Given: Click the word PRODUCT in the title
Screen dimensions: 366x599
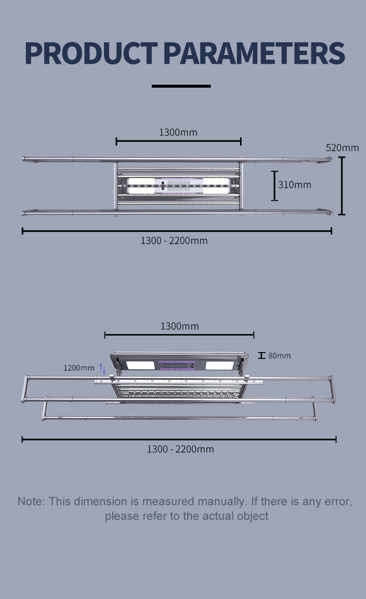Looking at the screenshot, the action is click(x=91, y=53).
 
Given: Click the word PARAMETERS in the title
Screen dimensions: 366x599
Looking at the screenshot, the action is click(x=254, y=53).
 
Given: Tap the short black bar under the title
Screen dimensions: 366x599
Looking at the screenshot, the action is click(x=181, y=86).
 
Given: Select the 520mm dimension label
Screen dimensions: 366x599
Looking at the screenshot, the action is click(x=342, y=148).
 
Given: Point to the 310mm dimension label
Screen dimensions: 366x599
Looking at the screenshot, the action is click(x=294, y=185).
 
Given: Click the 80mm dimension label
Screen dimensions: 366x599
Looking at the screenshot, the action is click(x=280, y=356).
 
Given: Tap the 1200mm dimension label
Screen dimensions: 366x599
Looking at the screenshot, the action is click(x=79, y=368).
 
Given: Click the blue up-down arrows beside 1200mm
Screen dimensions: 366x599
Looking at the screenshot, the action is click(x=102, y=369).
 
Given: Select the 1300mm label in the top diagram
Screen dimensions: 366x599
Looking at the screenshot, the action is click(x=178, y=132).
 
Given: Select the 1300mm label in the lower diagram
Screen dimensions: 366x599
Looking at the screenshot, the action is click(x=180, y=326).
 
